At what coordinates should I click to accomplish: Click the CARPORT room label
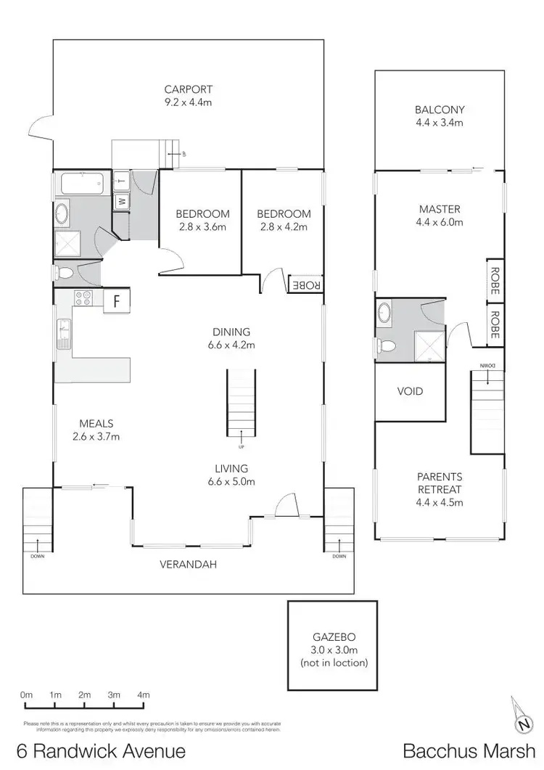pyautogui.click(x=187, y=89)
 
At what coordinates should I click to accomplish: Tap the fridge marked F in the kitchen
pyautogui.click(x=115, y=301)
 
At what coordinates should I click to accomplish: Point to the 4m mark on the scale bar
pyautogui.click(x=143, y=695)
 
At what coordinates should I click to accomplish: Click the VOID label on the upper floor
pyautogui.click(x=409, y=391)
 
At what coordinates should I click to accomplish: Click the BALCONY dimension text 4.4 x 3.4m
pyautogui.click(x=440, y=123)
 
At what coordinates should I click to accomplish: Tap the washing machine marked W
pyautogui.click(x=121, y=200)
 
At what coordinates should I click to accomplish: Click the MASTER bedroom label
pyautogui.click(x=440, y=210)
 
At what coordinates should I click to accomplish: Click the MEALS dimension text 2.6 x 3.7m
pyautogui.click(x=96, y=436)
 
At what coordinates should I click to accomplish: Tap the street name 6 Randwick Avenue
pyautogui.click(x=102, y=750)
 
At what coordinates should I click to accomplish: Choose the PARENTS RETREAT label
pyautogui.click(x=440, y=483)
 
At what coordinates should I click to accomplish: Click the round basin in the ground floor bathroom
pyautogui.click(x=62, y=214)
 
